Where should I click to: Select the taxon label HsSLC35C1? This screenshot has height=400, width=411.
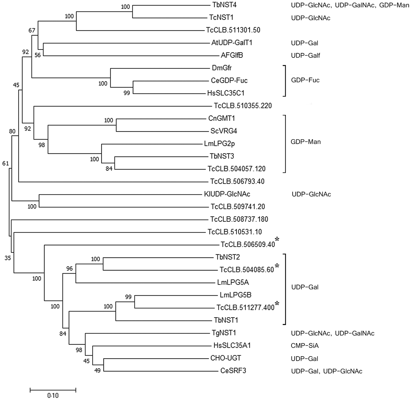click(x=226, y=93)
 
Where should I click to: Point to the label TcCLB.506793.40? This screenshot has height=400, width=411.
click(x=237, y=181)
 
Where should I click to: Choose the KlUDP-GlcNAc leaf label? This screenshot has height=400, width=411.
click(x=227, y=194)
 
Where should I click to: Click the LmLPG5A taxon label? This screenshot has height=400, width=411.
click(x=233, y=282)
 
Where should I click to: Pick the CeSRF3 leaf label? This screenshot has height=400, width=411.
click(x=233, y=371)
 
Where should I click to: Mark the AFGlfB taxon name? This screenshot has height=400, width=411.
click(x=232, y=55)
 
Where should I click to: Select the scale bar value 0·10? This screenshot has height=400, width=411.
click(x=53, y=396)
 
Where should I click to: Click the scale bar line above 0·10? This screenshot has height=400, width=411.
click(x=53, y=390)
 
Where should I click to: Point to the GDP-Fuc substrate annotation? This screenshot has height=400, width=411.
click(x=305, y=80)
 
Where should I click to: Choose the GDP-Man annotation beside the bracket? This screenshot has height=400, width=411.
click(x=306, y=142)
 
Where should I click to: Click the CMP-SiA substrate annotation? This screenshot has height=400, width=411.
click(x=305, y=346)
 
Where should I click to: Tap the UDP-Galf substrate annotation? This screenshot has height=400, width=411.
click(x=306, y=56)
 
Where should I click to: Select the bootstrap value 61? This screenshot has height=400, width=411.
click(x=6, y=164)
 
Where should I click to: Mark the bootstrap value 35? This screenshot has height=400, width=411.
click(x=8, y=258)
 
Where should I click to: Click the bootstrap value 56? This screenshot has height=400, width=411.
click(x=38, y=55)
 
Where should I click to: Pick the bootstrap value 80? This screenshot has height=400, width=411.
click(x=12, y=131)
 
